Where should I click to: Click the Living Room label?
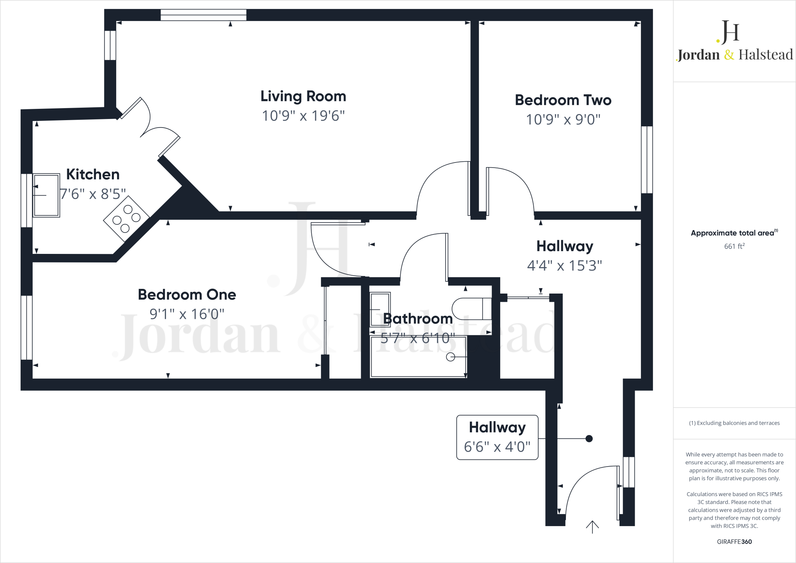tap(303, 96)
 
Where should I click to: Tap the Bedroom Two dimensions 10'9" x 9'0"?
tap(563, 119)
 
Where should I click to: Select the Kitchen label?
tap(93, 175)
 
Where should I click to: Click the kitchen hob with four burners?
tap(126, 219)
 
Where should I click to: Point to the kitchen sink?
tap(46, 195)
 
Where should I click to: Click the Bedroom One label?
tap(187, 295)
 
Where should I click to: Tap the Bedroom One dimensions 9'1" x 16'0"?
tap(187, 314)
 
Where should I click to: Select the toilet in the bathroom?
tap(471, 309)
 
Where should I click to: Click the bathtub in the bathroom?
tap(419, 357)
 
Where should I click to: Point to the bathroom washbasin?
tap(380, 309)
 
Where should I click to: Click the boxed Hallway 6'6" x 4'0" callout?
tap(497, 437)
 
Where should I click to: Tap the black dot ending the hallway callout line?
tap(589, 439)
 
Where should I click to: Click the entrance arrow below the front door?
tap(592, 527)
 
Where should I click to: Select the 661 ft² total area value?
tap(734, 247)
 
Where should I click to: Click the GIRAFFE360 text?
tap(734, 542)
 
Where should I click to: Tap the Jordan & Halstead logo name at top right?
tap(735, 55)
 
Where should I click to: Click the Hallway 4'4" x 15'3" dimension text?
tap(564, 266)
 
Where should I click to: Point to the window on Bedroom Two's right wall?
tap(647, 159)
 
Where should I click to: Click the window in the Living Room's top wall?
tap(204, 15)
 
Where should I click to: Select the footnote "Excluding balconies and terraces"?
tap(734, 423)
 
